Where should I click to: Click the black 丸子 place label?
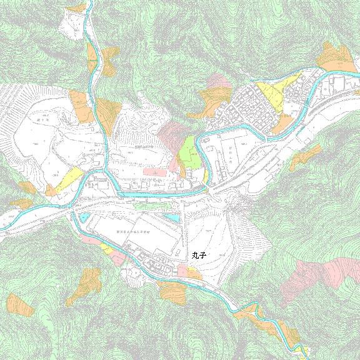pos(199,255)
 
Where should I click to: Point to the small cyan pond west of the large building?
pos(84,217)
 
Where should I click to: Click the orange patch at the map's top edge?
pos(77,9)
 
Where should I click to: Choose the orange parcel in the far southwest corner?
pos(19,304)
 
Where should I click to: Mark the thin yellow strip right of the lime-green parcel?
pos(204,177)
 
